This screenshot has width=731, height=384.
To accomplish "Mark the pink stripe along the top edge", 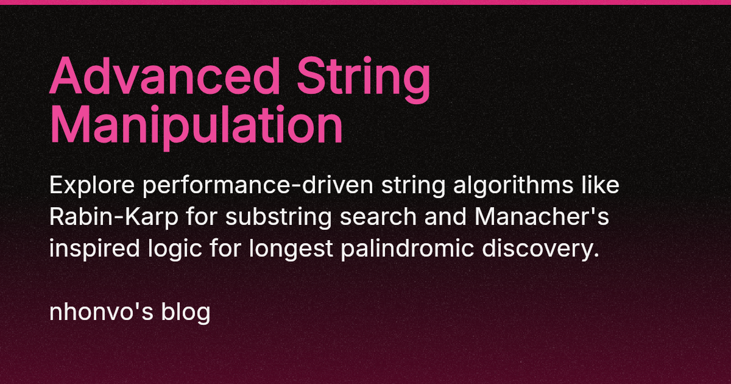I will [365, 2].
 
